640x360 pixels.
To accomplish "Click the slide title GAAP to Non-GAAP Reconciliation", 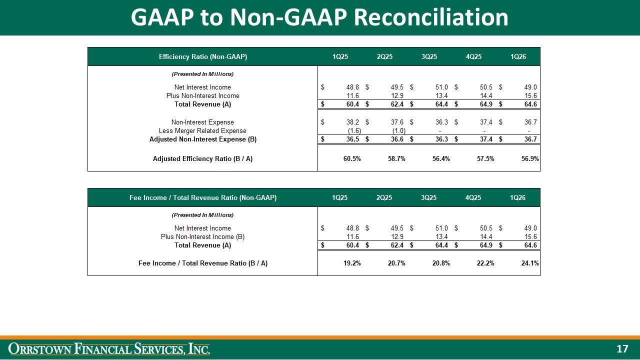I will [319, 17].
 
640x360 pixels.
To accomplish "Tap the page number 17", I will [622, 349].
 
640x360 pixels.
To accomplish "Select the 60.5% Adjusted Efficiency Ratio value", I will [348, 158].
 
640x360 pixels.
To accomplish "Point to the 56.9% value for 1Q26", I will [529, 158].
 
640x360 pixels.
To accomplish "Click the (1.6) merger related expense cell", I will [353, 131].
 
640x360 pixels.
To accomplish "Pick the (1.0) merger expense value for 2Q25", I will [397, 131].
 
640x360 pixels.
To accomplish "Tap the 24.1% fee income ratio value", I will [529, 263].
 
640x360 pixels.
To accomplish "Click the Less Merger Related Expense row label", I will [202, 131].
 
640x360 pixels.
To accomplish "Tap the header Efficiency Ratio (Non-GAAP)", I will [202, 56].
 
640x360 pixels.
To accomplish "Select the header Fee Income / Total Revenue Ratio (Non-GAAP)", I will [202, 197].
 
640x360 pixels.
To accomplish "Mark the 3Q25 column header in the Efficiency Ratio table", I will [429, 56].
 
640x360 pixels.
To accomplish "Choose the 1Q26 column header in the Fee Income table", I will [517, 197].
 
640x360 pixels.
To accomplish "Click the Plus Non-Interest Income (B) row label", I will [202, 236].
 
